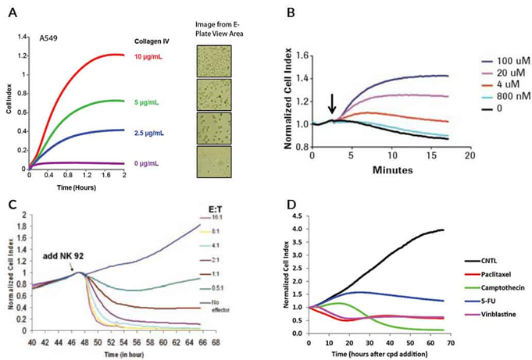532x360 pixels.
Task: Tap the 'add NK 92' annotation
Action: click(x=60, y=255)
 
